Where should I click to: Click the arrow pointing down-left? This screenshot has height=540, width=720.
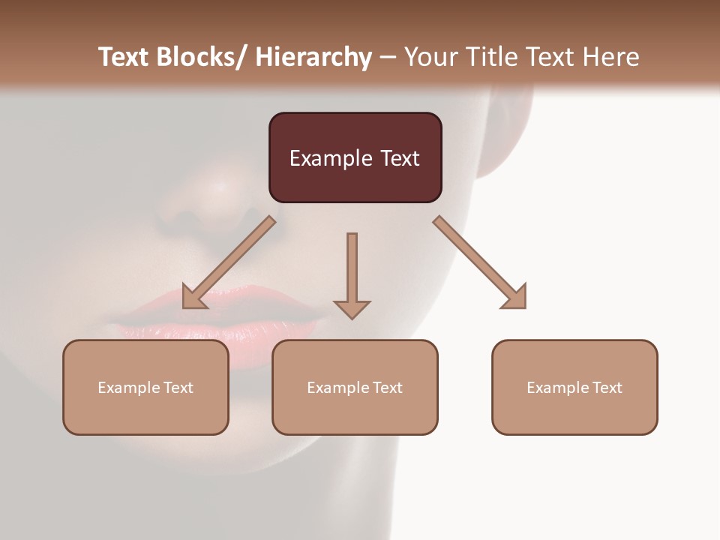tap(229, 262)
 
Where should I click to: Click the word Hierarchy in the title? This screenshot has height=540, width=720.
tap(313, 57)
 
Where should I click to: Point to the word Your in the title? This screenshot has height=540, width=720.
tap(430, 57)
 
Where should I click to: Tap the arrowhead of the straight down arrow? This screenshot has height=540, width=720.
tap(352, 309)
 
